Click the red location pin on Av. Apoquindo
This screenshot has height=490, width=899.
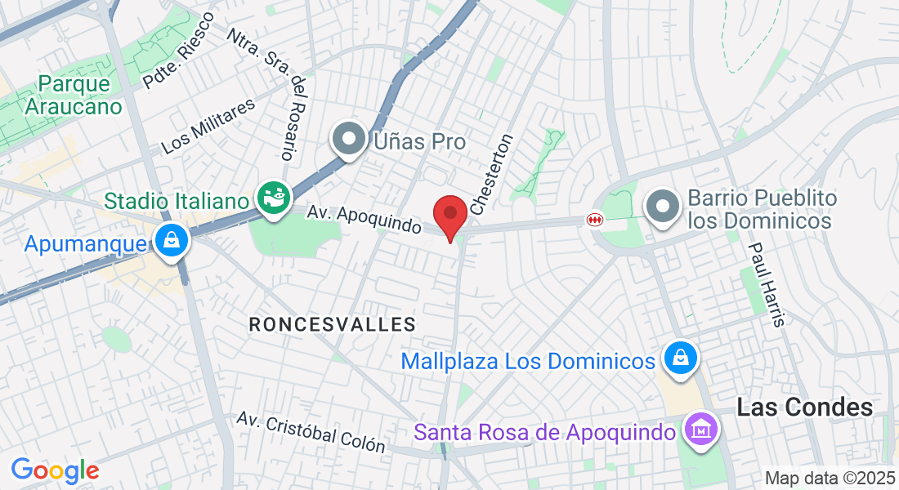tap(449, 216)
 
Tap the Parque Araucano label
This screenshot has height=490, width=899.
tap(74, 95)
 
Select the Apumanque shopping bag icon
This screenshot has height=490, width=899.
tap(171, 242)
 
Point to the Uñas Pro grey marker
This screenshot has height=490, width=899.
tap(350, 140)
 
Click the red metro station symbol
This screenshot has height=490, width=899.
tap(594, 220)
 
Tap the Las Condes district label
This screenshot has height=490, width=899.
tap(804, 408)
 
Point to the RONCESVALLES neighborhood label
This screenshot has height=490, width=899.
tap(333, 324)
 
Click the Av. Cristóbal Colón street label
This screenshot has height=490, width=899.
tap(311, 431)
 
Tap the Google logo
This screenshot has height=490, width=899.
tap(55, 470)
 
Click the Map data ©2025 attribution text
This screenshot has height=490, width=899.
tap(830, 478)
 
